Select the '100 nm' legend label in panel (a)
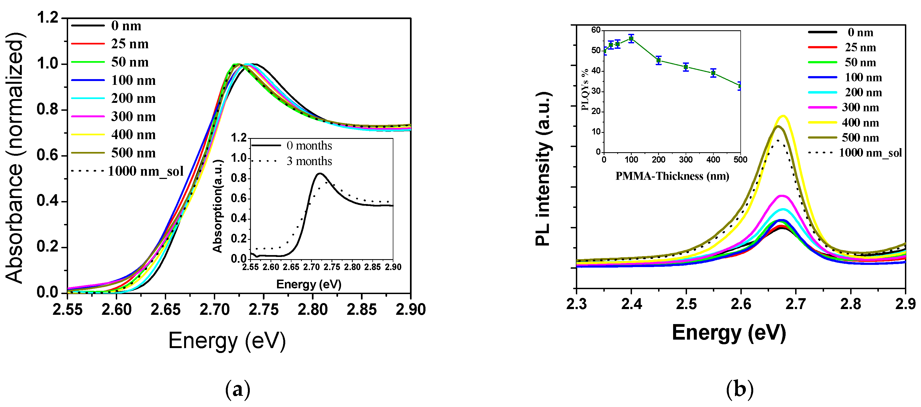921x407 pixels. pyautogui.click(x=133, y=80)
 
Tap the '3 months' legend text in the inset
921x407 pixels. pyautogui.click(x=309, y=161)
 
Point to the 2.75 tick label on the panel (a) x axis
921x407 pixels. pyautogui.click(x=263, y=310)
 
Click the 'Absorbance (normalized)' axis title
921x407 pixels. pyautogui.click(x=15, y=157)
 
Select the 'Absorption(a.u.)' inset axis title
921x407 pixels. pyautogui.click(x=217, y=206)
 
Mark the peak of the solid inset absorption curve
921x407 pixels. pyautogui.click(x=320, y=173)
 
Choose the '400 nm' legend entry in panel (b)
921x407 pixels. pyautogui.click(x=860, y=123)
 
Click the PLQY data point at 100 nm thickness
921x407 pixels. pyautogui.click(x=631, y=39)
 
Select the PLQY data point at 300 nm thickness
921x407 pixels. pyautogui.click(x=686, y=67)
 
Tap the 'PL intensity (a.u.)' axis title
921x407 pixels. pyautogui.click(x=543, y=168)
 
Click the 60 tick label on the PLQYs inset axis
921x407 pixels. pyautogui.click(x=596, y=30)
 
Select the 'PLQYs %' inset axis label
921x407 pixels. pyautogui.click(x=585, y=89)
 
